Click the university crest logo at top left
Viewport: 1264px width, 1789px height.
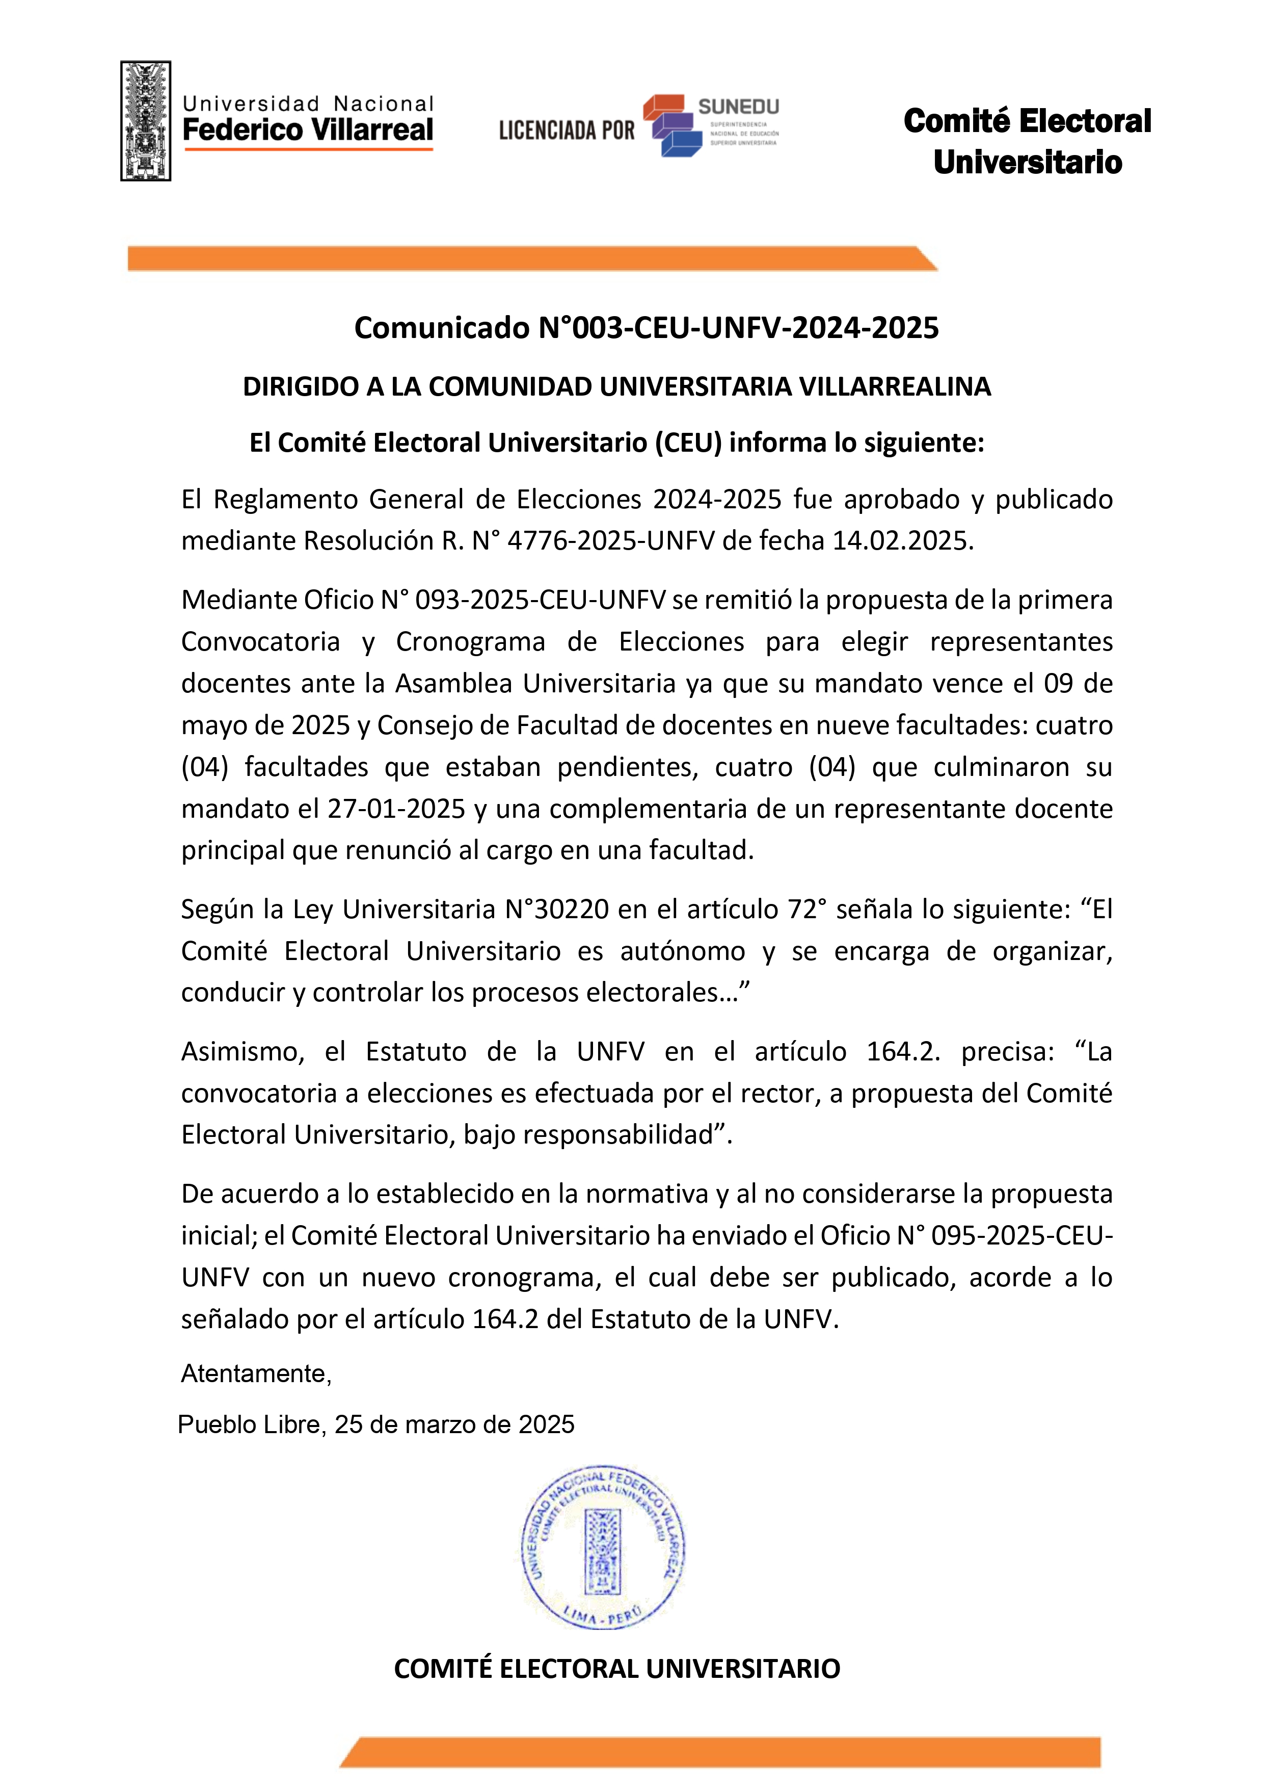coord(146,121)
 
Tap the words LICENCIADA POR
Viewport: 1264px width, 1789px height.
coord(567,130)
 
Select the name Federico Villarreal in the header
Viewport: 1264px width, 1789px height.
coord(308,129)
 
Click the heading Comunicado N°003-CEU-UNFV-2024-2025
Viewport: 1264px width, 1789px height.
coord(647,328)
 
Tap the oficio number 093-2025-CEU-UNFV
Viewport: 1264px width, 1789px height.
coord(541,600)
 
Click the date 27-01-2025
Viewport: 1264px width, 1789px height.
coord(396,809)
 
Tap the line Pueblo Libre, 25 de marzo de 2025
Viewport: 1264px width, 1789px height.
coord(376,1424)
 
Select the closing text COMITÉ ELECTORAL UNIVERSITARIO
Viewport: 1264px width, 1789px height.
coord(617,1668)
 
